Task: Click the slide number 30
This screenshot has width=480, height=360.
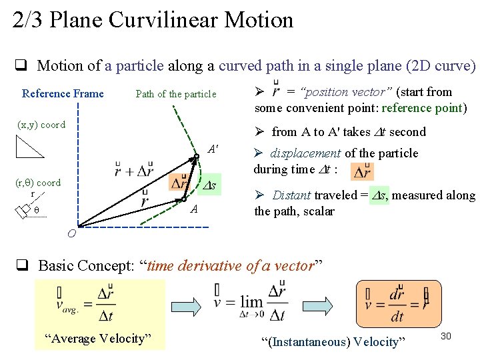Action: tap(446, 336)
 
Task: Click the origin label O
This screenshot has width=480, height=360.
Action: tap(71, 233)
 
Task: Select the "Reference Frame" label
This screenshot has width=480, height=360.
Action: tap(63, 93)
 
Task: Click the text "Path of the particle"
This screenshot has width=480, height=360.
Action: tap(176, 94)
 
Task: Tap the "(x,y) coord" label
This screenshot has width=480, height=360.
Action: tap(41, 125)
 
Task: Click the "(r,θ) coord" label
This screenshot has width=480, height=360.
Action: tap(38, 182)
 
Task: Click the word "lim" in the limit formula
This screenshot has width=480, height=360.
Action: tap(251, 301)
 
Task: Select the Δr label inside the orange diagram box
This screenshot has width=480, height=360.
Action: tap(179, 182)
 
